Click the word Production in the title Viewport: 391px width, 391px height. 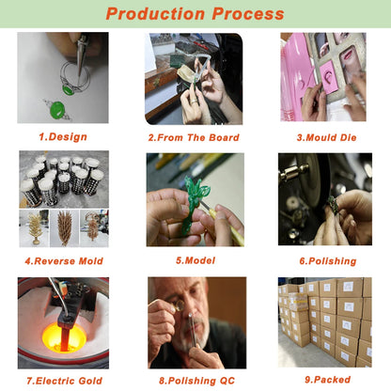[x=155, y=14]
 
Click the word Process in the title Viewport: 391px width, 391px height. [x=248, y=14]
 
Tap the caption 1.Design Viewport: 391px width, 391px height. [x=63, y=137]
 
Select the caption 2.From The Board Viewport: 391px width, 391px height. [x=194, y=137]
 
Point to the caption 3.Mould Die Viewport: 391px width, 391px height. [x=326, y=137]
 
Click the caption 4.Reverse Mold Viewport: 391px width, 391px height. [x=64, y=261]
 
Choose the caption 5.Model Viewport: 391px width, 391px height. [x=195, y=260]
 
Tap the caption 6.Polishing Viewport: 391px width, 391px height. [x=328, y=261]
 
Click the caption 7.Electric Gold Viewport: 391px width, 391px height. [x=64, y=381]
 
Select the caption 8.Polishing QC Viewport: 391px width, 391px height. [x=196, y=381]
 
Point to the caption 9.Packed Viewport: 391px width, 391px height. [x=327, y=380]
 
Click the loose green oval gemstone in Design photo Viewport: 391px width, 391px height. [x=57, y=110]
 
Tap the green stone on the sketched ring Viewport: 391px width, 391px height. [x=68, y=90]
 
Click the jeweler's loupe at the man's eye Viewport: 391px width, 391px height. [x=180, y=305]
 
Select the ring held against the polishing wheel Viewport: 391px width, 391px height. [x=333, y=205]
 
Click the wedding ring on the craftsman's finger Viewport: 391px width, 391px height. [x=195, y=102]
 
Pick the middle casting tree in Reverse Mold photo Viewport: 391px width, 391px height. [x=65, y=227]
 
